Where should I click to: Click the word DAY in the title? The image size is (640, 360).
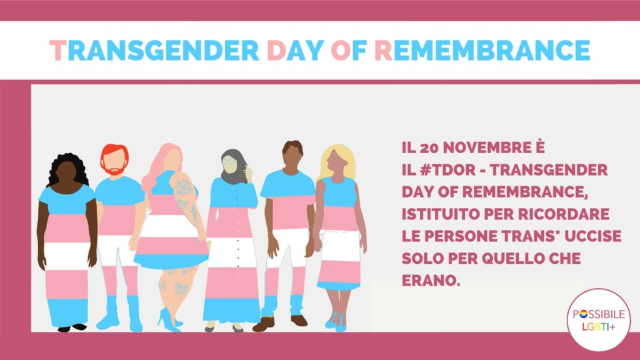295,50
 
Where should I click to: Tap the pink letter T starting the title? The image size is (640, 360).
58,50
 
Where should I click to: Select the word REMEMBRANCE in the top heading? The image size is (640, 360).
482,50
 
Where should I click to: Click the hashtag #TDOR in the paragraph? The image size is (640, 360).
447,170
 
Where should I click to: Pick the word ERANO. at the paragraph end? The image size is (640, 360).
431,281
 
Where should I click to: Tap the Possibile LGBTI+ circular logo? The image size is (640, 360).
598,320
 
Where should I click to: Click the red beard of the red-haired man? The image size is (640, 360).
115,169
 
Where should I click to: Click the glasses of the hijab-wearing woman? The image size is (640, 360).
229,162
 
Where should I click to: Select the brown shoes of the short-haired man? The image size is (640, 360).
281,322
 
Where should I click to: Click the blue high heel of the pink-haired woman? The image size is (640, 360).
169,320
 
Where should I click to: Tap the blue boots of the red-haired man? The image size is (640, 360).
120,314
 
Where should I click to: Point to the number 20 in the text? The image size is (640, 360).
429,147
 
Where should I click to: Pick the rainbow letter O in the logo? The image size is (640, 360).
583,314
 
